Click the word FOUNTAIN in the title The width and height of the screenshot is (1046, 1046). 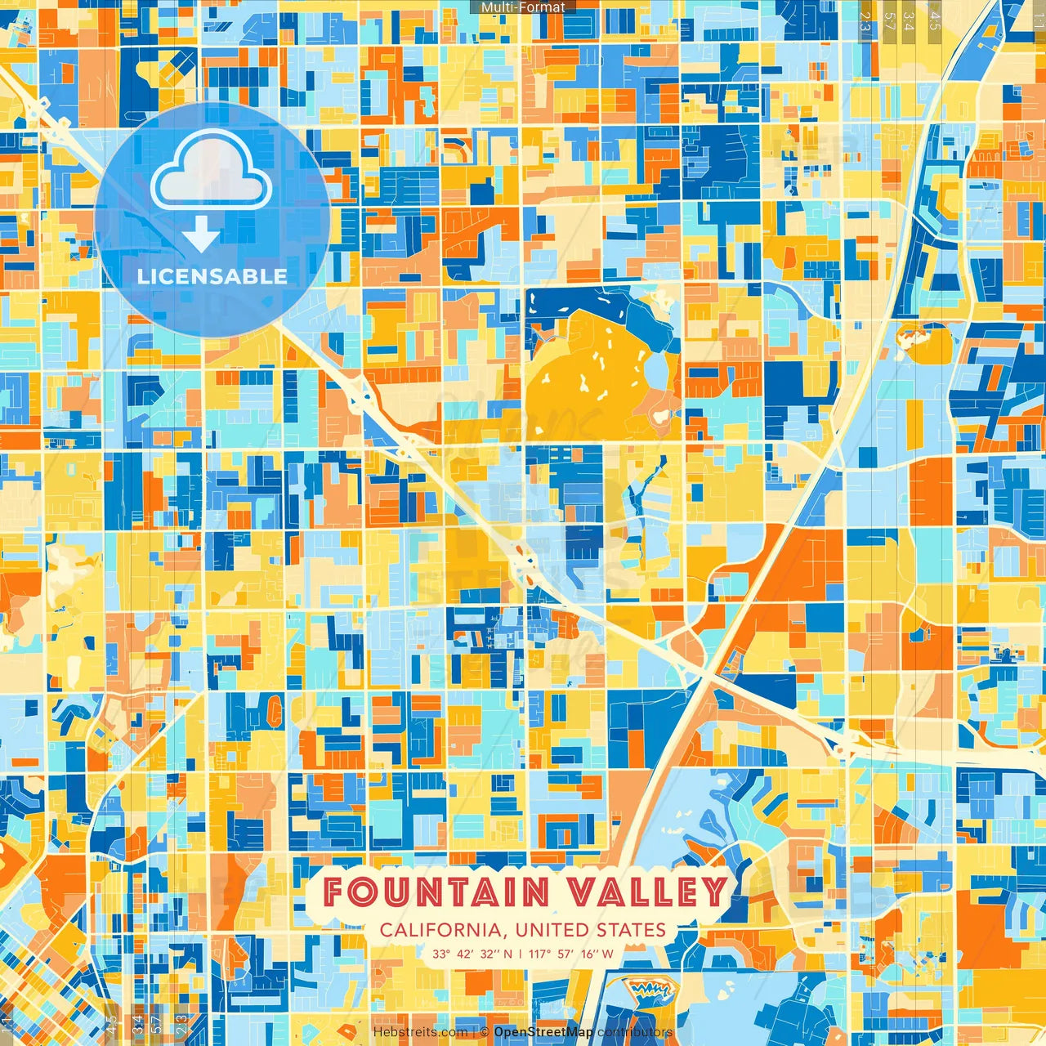pos(436,892)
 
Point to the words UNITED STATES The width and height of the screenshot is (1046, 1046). pos(591,930)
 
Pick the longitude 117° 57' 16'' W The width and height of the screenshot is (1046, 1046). pos(571,954)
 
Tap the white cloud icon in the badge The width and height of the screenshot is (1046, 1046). pos(211,172)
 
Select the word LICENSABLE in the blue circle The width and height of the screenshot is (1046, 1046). pos(212,276)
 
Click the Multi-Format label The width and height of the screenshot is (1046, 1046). pos(523,7)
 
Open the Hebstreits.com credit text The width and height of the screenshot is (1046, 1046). pos(420,1032)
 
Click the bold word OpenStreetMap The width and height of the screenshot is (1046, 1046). pos(543,1032)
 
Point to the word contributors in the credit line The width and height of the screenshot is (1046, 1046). pos(635,1032)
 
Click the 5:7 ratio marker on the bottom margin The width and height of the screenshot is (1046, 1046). pos(157,1025)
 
